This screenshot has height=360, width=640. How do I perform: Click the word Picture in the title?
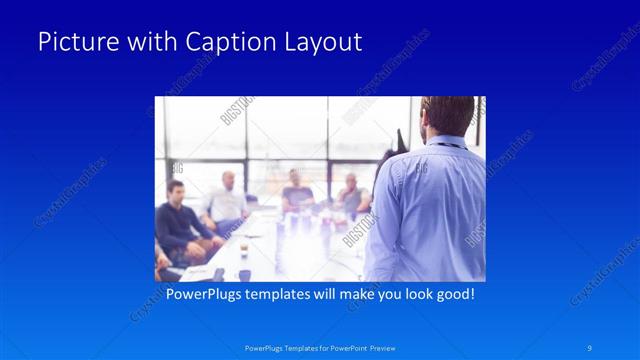pos(74,42)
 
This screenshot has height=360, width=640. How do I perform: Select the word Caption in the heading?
pos(222,42)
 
